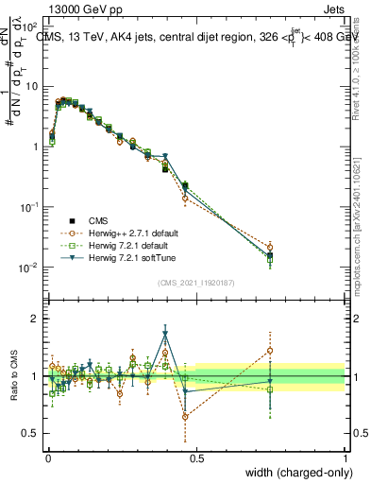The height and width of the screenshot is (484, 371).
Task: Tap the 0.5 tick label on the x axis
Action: click(x=196, y=457)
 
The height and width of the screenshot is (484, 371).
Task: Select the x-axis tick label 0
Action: click(x=47, y=457)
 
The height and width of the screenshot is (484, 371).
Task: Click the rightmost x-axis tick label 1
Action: click(x=346, y=457)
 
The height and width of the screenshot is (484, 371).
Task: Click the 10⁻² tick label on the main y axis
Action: click(x=29, y=268)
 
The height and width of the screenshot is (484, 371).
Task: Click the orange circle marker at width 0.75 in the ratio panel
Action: click(x=271, y=350)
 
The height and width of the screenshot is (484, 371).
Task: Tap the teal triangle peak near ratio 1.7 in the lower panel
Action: click(x=165, y=334)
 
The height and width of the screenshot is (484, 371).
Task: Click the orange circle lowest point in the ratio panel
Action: click(x=185, y=416)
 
